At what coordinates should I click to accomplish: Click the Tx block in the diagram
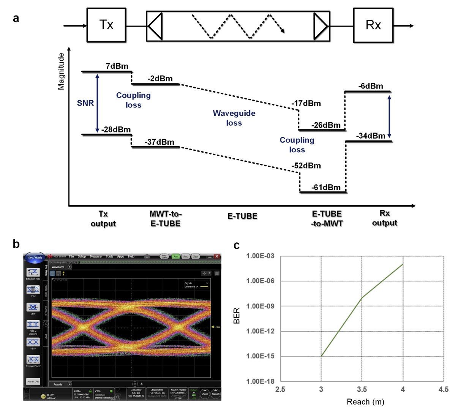click(106, 25)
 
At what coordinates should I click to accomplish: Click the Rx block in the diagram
click(373, 25)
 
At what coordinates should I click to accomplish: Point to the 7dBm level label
click(117, 66)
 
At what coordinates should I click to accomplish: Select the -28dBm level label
click(116, 130)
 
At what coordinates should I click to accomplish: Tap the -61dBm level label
click(326, 187)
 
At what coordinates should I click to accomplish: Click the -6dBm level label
click(371, 86)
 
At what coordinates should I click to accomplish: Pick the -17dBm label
click(306, 103)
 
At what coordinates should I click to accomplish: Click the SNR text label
click(85, 103)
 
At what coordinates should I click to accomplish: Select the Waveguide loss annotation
click(234, 118)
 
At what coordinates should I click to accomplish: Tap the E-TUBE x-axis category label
click(242, 216)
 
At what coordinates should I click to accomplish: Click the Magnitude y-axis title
click(61, 71)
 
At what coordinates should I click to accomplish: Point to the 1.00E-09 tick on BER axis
click(260, 306)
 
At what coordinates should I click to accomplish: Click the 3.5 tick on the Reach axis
click(362, 389)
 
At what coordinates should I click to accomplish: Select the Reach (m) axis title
click(365, 402)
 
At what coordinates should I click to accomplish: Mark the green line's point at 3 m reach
click(321, 356)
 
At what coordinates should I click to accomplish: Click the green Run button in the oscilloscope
click(175, 256)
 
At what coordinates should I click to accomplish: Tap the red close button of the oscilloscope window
click(217, 256)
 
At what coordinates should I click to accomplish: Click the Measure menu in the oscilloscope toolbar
click(96, 256)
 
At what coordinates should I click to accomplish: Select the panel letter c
click(237, 245)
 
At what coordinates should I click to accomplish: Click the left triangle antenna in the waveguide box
click(155, 26)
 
